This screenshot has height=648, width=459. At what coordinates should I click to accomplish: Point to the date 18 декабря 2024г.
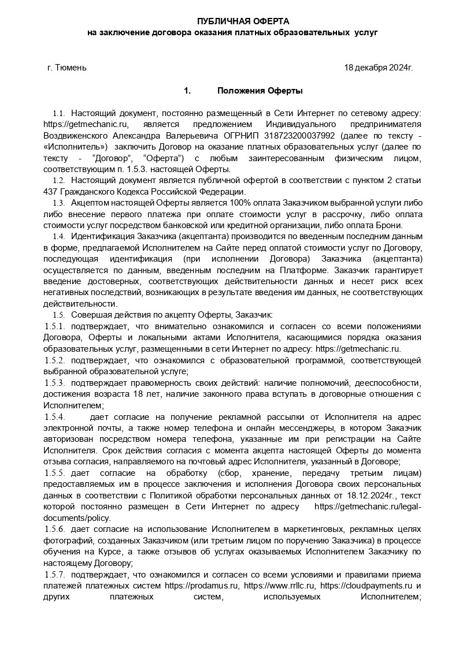(x=379, y=68)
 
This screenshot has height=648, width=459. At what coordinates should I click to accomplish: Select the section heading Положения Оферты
(x=260, y=91)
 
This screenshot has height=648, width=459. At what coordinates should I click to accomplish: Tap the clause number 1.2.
(x=58, y=181)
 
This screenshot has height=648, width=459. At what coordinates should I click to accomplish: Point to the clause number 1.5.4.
(x=54, y=416)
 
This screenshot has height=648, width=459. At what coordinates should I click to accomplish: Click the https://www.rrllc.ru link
(x=280, y=585)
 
